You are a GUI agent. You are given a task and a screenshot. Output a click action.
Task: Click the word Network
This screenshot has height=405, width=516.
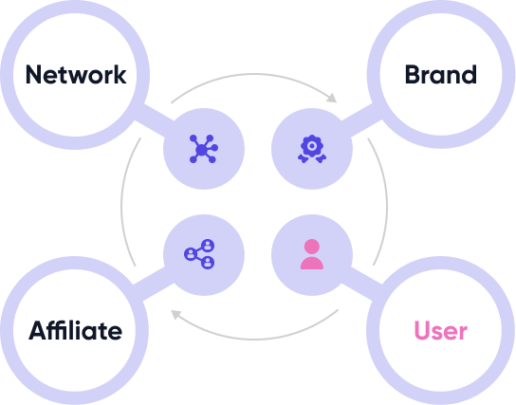tap(76, 75)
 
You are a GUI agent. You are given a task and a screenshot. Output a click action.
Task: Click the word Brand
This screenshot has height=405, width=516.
tap(441, 74)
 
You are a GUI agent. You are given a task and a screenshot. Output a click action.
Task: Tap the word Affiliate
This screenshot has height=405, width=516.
tap(75, 330)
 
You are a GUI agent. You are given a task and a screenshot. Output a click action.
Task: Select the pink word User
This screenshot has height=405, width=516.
tap(441, 330)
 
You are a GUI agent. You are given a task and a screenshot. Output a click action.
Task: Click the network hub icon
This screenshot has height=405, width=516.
tap(203, 149)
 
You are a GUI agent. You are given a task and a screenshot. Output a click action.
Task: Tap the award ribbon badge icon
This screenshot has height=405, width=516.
tap(312, 149)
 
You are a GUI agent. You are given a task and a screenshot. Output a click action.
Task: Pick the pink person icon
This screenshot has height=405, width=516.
tap(312, 254)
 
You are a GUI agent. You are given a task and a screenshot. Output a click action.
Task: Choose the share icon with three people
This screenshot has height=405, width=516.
tap(199, 254)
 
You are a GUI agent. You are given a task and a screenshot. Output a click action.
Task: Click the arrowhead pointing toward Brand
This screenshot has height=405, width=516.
tap(332, 98)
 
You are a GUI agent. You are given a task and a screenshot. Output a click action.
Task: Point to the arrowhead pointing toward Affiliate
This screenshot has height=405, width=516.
tap(176, 315)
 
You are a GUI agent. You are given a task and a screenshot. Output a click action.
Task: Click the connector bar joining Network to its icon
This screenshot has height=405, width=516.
tap(155, 120)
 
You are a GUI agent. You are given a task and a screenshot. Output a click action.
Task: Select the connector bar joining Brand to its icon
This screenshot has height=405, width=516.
tap(361, 120)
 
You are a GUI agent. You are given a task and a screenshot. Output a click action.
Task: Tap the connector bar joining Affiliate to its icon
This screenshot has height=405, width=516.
tap(154, 284)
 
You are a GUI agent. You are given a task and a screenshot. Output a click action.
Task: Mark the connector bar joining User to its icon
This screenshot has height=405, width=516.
tap(361, 284)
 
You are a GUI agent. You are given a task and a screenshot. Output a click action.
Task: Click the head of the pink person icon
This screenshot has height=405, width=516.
tap(312, 247)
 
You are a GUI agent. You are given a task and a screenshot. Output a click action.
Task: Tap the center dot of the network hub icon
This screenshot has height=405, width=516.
tap(201, 150)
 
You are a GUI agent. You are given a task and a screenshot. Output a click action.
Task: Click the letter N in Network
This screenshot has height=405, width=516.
tap(34, 75)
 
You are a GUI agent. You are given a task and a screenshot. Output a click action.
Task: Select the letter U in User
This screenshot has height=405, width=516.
tap(422, 330)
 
